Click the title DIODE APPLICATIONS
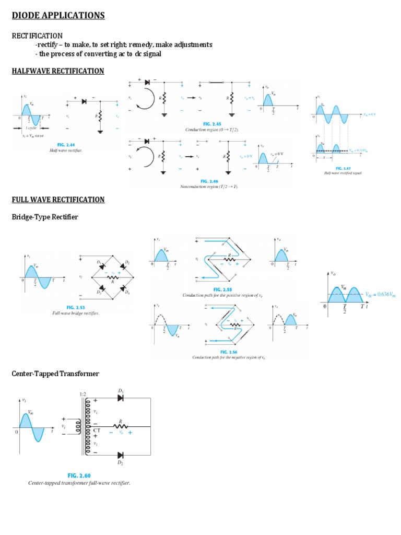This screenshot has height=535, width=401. pos(58,16)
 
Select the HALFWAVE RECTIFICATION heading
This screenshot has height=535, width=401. pos(58,71)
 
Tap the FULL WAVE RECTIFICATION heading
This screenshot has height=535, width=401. pos(58,200)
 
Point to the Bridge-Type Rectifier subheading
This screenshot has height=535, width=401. pos(45,217)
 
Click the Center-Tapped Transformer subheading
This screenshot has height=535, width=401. pos(55,374)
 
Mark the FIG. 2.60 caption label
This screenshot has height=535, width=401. pos(79,475)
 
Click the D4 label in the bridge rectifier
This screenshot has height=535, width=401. pos(128,293)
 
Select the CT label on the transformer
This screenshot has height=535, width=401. pos(97,431)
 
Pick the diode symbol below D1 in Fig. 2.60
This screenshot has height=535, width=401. pos(121,398)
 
